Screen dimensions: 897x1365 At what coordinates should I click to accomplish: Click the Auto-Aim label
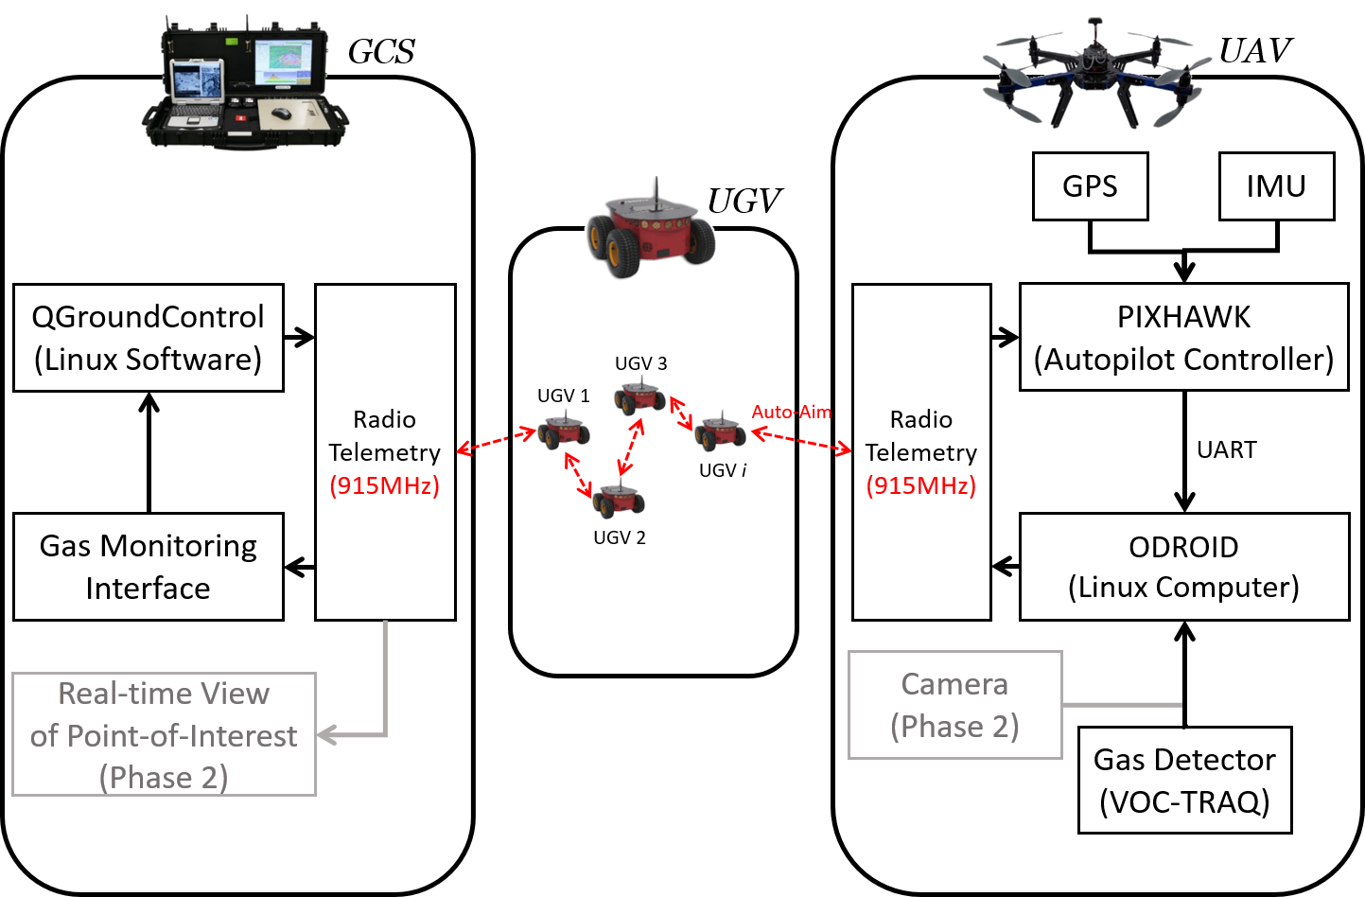[x=791, y=412]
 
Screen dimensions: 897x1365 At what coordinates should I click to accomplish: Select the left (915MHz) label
[x=384, y=485]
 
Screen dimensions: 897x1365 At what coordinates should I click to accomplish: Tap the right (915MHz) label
[x=920, y=485]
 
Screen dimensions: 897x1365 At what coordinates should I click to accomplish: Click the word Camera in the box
[x=954, y=684]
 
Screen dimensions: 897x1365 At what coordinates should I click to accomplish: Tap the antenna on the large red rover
[x=656, y=192]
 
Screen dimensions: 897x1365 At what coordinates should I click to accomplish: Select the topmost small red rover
[x=639, y=396]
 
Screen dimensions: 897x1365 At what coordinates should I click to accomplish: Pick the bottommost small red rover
[x=618, y=499]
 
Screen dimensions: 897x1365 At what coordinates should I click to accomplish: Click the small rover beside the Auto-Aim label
[x=720, y=431]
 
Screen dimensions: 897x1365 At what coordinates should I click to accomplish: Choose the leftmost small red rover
[x=564, y=431]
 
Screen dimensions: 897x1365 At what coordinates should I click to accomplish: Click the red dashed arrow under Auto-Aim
[x=801, y=442]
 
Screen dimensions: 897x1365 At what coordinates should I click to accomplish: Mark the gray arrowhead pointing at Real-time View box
[x=326, y=735]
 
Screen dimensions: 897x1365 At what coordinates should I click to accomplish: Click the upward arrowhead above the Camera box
[x=1182, y=630]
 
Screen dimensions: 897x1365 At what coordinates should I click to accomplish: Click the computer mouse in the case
[x=281, y=114]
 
